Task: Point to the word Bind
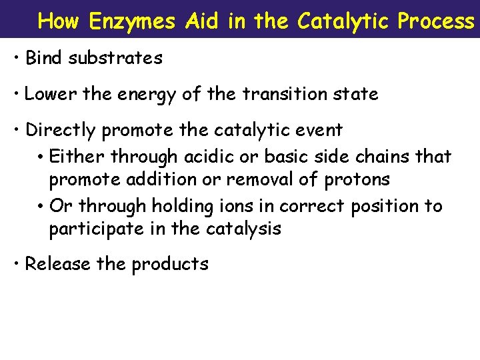(x=45, y=58)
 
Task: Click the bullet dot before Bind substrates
(x=16, y=58)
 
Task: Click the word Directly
(x=61, y=129)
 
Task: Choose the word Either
(x=78, y=156)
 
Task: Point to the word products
(x=170, y=265)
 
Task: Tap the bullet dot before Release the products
(x=16, y=264)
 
